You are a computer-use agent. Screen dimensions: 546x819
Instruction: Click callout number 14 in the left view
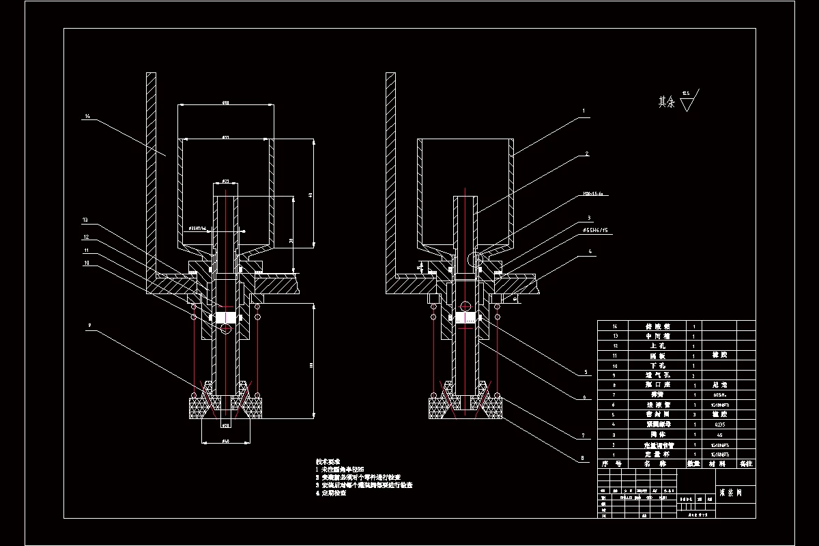pos(87,117)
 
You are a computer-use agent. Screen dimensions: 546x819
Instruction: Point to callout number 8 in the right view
pos(584,459)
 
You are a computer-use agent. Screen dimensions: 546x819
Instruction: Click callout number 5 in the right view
pos(585,372)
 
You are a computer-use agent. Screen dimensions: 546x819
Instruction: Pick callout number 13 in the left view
pos(85,220)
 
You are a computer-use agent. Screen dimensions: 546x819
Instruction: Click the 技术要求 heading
pos(328,461)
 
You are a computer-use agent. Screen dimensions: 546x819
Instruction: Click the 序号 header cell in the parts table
pos(609,463)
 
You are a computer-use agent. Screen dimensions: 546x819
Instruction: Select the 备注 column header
pos(746,463)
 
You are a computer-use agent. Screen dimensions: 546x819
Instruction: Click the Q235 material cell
pos(713,424)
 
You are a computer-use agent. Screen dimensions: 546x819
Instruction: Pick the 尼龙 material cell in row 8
pos(713,385)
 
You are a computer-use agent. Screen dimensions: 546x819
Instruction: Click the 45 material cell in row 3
pos(713,433)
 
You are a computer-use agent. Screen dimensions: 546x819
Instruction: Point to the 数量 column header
pos(693,463)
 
